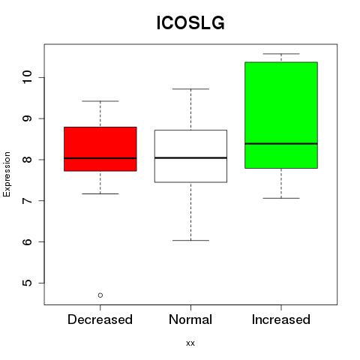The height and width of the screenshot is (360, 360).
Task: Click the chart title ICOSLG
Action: [190, 22]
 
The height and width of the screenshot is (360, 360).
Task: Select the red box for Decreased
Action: [100, 149]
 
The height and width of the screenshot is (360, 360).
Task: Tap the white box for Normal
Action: [190, 156]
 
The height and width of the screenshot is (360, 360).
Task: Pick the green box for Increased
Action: [281, 115]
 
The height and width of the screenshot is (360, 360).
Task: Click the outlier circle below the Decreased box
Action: [100, 295]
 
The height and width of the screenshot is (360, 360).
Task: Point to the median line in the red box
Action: [100, 158]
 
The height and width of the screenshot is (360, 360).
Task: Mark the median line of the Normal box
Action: [190, 157]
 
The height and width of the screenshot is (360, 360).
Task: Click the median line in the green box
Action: [281, 143]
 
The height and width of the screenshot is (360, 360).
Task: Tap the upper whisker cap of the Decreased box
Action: [100, 101]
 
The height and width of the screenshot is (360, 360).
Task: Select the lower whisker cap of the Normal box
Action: [190, 241]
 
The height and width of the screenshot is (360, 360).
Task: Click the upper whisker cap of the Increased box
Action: [281, 54]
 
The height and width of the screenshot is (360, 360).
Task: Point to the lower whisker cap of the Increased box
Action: [281, 198]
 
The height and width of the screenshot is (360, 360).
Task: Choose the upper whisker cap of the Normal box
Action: [190, 88]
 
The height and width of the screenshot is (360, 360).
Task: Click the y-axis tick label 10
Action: [27, 77]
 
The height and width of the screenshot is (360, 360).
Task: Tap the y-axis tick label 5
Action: [27, 283]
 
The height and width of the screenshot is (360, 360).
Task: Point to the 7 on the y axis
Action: [27, 200]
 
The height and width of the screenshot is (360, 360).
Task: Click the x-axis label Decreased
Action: [100, 319]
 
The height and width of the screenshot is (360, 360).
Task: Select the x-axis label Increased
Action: [281, 319]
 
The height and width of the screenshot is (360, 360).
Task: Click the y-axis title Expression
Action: [7, 174]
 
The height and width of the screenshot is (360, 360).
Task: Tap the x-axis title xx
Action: [190, 343]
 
